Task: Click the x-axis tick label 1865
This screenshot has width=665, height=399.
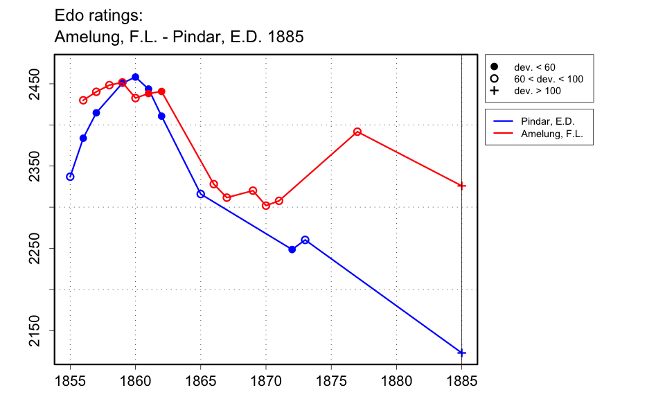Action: tap(200, 380)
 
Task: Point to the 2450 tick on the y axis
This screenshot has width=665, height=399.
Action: tap(34, 84)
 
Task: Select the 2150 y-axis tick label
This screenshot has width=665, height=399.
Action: tap(34, 330)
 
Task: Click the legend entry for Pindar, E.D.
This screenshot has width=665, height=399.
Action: tap(547, 121)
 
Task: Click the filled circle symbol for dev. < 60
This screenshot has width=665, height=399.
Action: tap(495, 67)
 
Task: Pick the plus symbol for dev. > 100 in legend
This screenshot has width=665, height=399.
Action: tap(495, 91)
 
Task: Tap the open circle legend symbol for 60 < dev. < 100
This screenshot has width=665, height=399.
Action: tap(495, 79)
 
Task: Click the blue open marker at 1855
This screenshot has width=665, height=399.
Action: tap(70, 177)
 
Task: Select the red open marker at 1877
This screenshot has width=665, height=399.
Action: tap(357, 132)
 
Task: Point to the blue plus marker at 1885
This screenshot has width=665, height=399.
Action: tap(462, 353)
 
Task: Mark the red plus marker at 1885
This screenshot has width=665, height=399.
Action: tap(462, 186)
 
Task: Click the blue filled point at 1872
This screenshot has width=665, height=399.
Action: tap(292, 249)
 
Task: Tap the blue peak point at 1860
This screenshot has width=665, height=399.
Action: tap(135, 77)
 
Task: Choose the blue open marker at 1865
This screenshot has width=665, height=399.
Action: tap(201, 194)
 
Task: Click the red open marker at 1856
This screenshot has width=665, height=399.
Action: tap(83, 100)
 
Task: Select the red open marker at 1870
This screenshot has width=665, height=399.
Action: tap(266, 206)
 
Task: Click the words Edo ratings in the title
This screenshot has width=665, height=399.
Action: tap(98, 15)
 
